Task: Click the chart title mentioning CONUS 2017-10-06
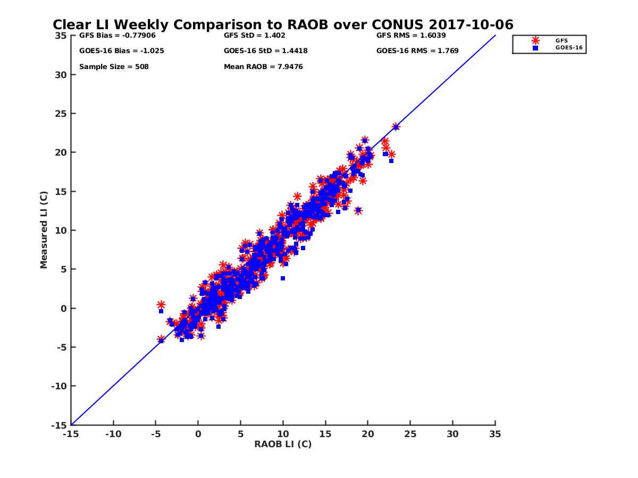click(283, 24)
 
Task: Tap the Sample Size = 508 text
click(114, 67)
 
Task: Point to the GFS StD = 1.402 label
click(255, 36)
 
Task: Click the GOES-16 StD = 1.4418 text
click(266, 51)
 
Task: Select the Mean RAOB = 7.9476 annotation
click(263, 67)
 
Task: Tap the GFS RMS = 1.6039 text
click(411, 36)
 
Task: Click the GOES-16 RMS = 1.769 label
click(417, 51)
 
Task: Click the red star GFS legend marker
click(535, 40)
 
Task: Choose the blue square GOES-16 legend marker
click(535, 48)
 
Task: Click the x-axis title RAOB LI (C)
click(283, 444)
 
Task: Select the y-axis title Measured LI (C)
click(44, 230)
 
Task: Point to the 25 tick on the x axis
click(410, 434)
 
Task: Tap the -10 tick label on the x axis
click(113, 434)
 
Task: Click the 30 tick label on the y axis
click(61, 74)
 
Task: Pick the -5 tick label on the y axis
click(61, 347)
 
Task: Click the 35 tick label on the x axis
click(495, 434)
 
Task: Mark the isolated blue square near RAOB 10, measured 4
click(283, 278)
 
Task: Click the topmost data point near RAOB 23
click(396, 127)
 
